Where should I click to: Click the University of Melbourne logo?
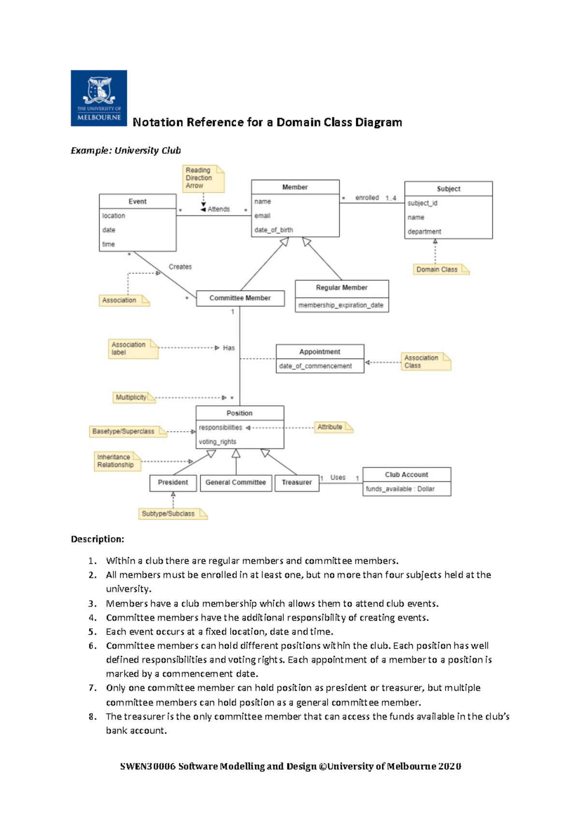click(99, 98)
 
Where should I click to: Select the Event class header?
click(137, 201)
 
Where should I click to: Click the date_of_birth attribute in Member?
click(274, 230)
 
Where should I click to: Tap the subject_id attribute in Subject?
click(422, 203)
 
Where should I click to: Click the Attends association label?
click(218, 209)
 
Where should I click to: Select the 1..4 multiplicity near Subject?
click(391, 198)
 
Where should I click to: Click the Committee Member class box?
click(240, 298)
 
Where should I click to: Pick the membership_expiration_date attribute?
click(341, 305)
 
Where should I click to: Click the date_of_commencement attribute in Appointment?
click(315, 366)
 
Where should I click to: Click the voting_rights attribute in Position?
click(217, 441)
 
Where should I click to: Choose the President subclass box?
click(173, 482)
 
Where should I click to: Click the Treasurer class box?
click(296, 482)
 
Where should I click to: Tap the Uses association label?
click(338, 477)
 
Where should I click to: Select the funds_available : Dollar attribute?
click(400, 489)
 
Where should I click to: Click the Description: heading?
click(97, 539)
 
